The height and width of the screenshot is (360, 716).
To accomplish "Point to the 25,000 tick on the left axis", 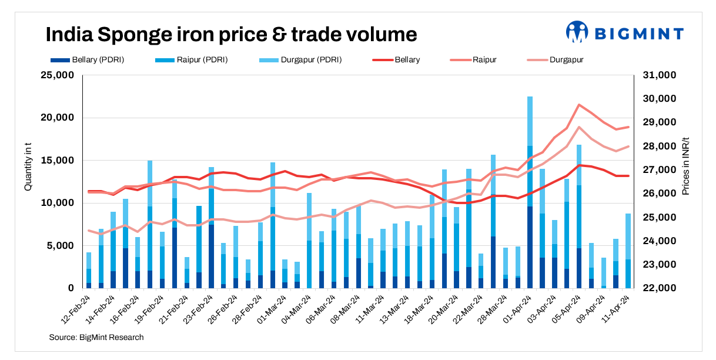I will [56, 75].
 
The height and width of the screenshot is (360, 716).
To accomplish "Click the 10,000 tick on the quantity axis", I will [56, 203].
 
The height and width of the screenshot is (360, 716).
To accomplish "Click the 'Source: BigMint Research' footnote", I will [96, 337].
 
